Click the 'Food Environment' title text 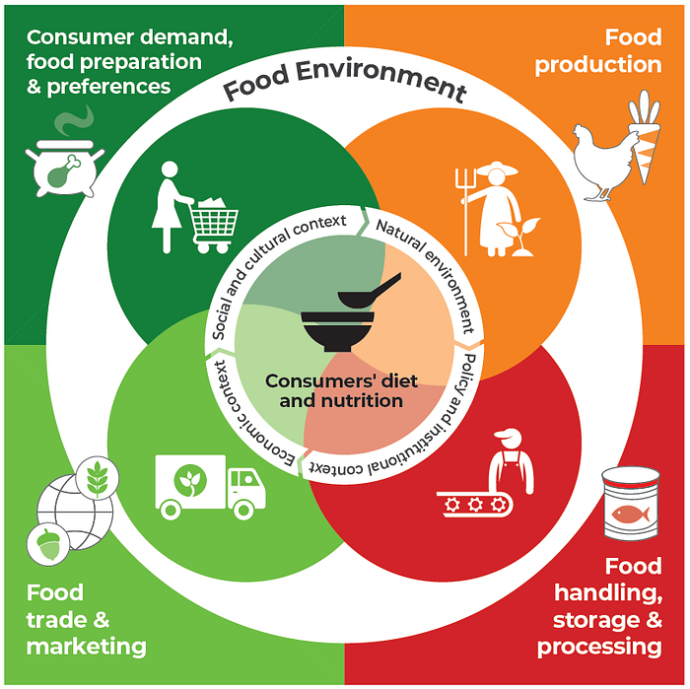click(344, 87)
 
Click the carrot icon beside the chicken click(645, 143)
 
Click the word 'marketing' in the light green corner click(87, 647)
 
